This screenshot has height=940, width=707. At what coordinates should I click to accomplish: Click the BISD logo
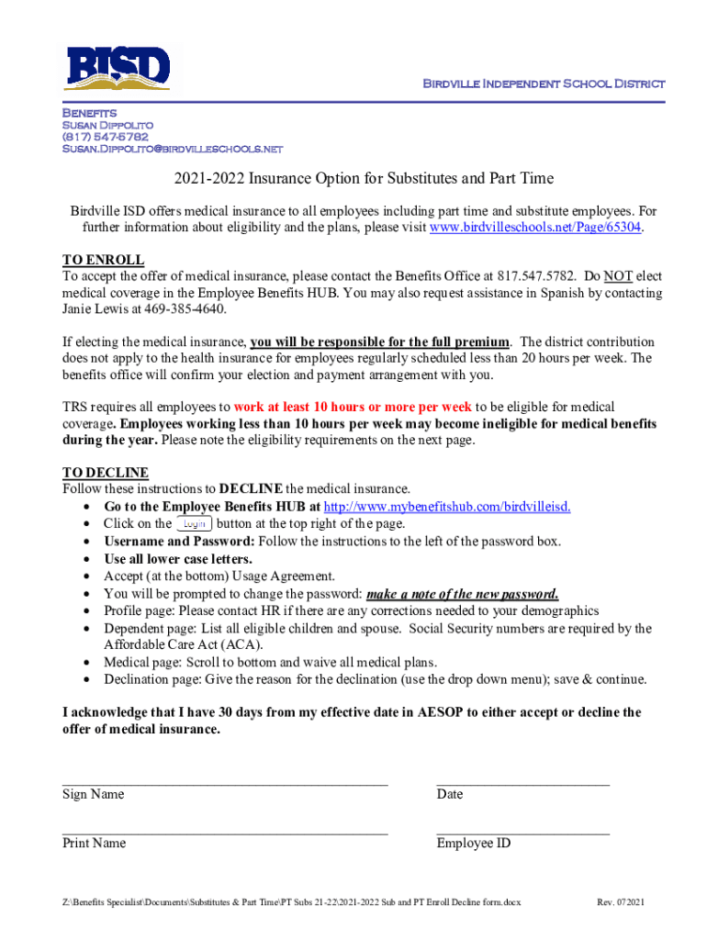pyautogui.click(x=117, y=67)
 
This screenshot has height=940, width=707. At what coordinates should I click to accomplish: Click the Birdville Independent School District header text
pyautogui.click(x=543, y=84)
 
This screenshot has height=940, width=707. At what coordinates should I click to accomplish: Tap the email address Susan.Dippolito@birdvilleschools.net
pyautogui.click(x=172, y=149)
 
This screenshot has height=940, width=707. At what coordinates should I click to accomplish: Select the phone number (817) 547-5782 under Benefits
pyautogui.click(x=105, y=136)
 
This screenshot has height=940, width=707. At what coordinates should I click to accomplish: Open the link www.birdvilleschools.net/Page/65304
pyautogui.click(x=535, y=228)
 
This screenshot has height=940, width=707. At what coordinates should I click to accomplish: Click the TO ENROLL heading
pyautogui.click(x=103, y=260)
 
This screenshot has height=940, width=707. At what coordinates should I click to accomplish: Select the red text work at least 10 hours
pyautogui.click(x=353, y=407)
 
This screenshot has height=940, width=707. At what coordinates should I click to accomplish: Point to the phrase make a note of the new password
pyautogui.click(x=462, y=594)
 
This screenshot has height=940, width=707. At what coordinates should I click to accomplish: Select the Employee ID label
pyautogui.click(x=474, y=844)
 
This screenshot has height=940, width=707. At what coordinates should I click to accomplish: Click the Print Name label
pyautogui.click(x=95, y=844)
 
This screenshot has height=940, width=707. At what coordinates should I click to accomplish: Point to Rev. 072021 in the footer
pyautogui.click(x=621, y=902)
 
